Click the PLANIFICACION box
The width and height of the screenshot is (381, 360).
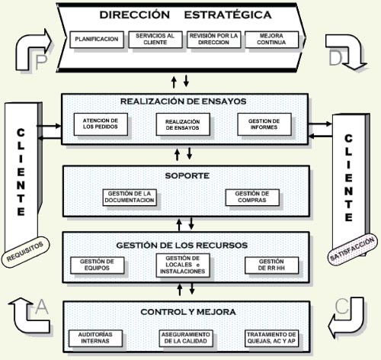(97, 40)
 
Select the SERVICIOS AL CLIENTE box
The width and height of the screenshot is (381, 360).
(155, 40)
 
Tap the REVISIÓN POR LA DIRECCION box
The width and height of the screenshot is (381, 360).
(213, 40)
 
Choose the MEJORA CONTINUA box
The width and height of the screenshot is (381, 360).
(271, 40)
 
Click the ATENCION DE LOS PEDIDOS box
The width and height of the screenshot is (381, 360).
(101, 124)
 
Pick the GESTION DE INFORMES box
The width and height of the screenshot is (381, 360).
(264, 124)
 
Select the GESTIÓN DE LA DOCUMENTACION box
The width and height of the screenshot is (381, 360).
(130, 198)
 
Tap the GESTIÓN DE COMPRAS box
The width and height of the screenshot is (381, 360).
(252, 198)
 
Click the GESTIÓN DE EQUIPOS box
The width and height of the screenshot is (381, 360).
(98, 265)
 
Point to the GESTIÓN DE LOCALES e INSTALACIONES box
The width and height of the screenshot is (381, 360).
(183, 265)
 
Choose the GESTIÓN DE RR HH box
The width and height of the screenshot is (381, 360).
(271, 265)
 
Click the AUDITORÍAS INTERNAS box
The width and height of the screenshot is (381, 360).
(95, 338)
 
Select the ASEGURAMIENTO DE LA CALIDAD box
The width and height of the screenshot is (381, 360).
(186, 338)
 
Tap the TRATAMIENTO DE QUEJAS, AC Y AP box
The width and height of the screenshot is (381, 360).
(271, 338)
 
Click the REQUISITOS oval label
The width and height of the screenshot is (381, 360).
(25, 252)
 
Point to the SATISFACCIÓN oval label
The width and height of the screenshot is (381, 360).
(352, 249)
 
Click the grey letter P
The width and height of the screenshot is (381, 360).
(41, 62)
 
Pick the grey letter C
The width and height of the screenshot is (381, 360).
(342, 306)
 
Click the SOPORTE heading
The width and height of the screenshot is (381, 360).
(187, 175)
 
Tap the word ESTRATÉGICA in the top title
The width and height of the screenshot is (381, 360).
(228, 14)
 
